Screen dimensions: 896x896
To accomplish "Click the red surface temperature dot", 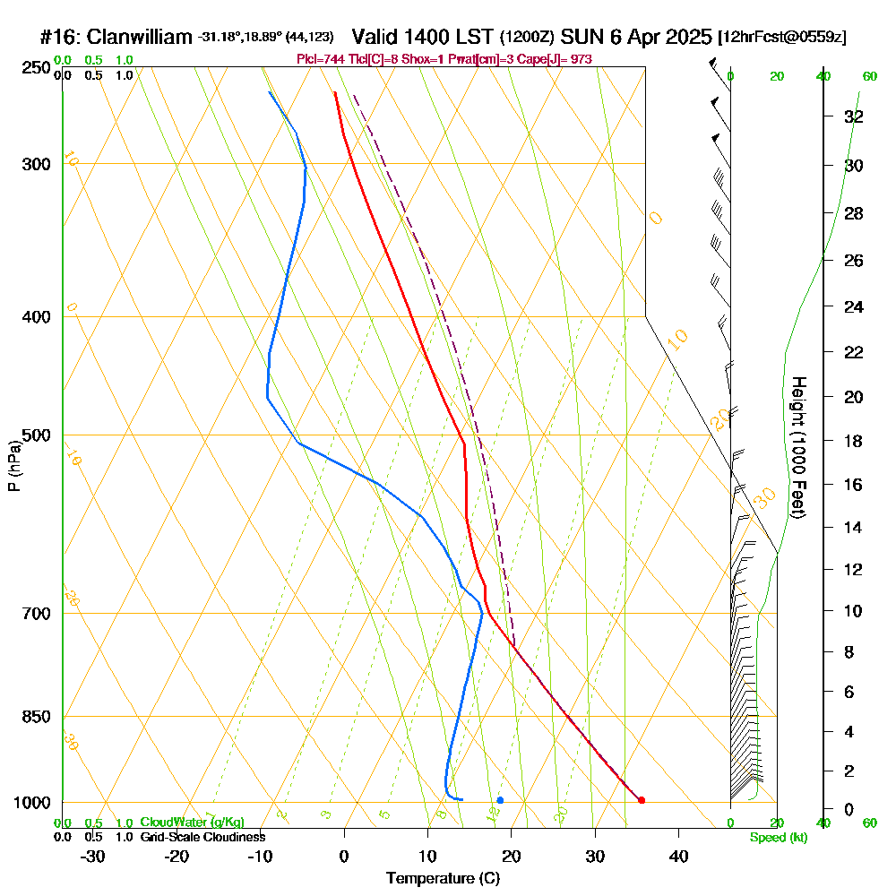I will (641, 800).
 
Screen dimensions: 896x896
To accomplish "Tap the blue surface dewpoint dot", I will (500, 800).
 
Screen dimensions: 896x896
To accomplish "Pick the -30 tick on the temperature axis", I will (93, 856).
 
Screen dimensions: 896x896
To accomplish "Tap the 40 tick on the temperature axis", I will (678, 856).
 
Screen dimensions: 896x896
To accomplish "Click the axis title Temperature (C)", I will (443, 879).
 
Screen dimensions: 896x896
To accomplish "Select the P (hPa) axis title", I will (13, 465).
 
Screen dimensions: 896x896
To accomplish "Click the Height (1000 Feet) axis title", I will (796, 446).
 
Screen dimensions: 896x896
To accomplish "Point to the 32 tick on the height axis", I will (854, 116).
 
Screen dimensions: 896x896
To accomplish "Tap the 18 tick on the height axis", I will (854, 441).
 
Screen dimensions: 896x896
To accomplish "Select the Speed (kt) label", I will (778, 837).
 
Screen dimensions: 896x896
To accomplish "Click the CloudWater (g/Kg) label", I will (192, 823).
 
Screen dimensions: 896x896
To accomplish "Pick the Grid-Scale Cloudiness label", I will (202, 837).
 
